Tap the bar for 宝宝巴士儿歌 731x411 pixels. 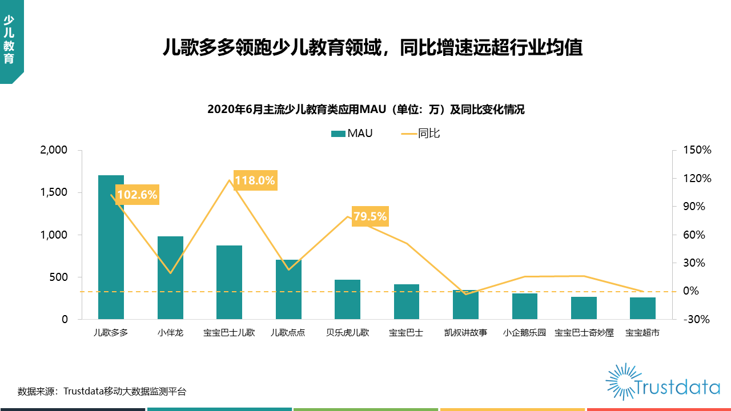[x=229, y=282]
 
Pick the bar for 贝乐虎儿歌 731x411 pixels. [x=347, y=299]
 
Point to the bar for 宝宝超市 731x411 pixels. [x=642, y=308]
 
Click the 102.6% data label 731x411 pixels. [x=137, y=195]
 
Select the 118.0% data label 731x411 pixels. [x=255, y=180]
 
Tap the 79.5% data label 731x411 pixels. [x=370, y=216]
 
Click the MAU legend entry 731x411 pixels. [x=352, y=134]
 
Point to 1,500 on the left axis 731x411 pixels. [x=54, y=192]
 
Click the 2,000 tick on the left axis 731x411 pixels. [x=54, y=150]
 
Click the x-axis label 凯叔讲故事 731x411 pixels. [x=465, y=333]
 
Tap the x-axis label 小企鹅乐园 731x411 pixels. [x=524, y=333]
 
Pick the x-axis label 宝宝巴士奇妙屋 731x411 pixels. [x=584, y=333]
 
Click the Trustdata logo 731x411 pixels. [x=662, y=381]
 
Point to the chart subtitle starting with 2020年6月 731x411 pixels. [x=365, y=110]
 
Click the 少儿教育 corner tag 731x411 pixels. [x=9, y=40]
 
